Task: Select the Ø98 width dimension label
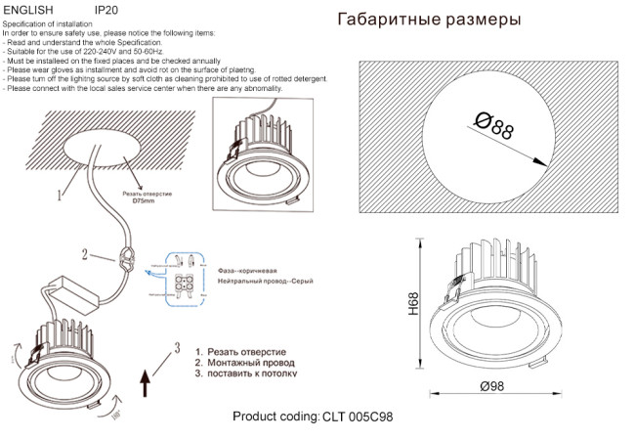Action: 491,387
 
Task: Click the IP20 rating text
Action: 106,8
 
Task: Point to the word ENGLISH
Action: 28,8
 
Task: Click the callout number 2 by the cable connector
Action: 85,255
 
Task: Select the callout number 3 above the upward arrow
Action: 177,346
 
